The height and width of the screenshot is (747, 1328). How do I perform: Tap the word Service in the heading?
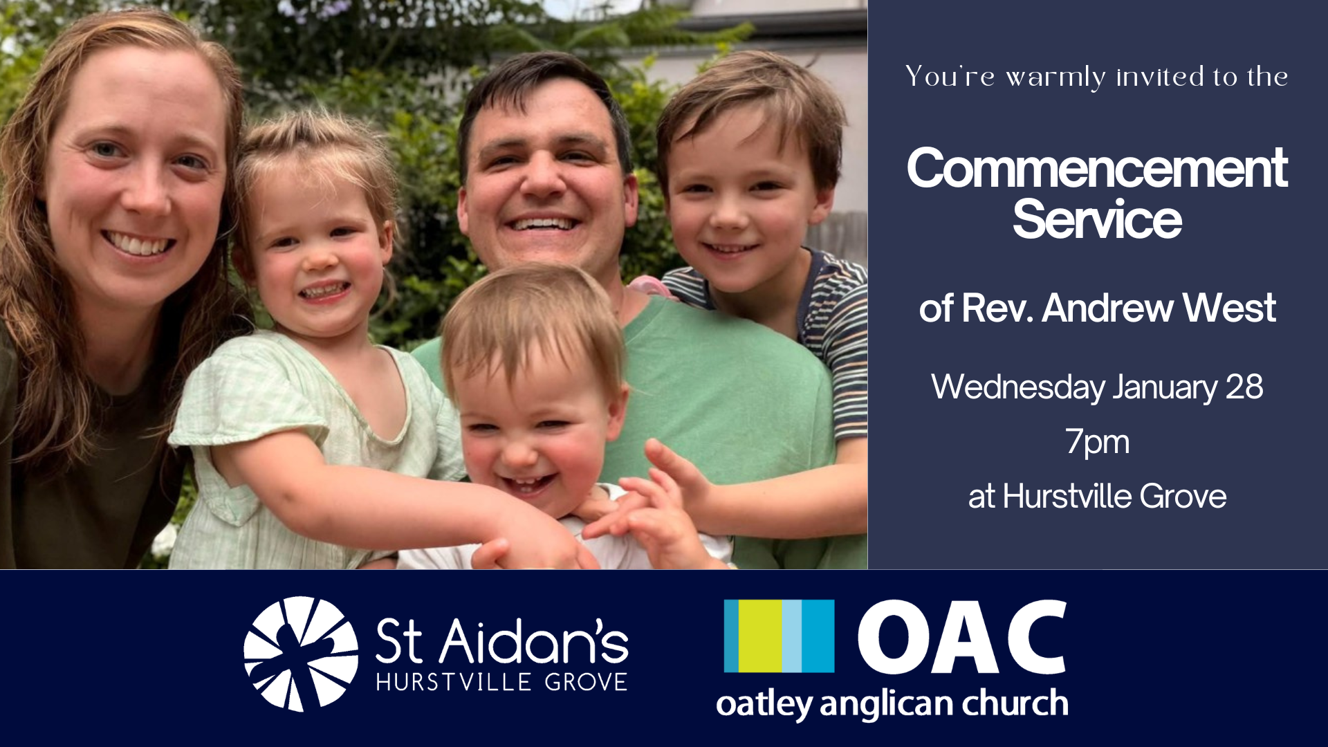(1097, 219)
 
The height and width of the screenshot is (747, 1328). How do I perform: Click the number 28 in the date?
(1244, 387)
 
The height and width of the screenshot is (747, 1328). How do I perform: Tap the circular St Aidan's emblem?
(301, 654)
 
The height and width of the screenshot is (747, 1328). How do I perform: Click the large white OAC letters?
(962, 637)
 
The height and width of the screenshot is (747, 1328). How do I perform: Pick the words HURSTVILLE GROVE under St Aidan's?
(502, 682)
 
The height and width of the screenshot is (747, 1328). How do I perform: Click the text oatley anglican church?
(892, 704)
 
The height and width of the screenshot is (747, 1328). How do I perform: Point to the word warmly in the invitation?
(1055, 77)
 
